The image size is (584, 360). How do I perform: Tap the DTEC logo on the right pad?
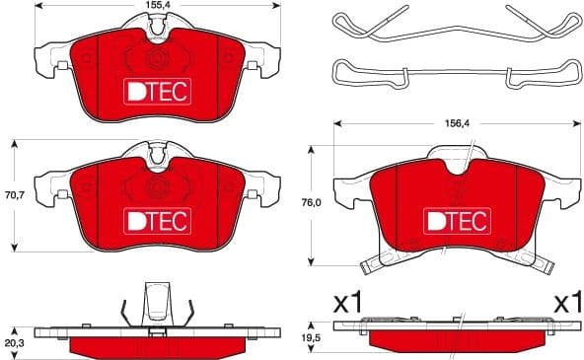[457, 219]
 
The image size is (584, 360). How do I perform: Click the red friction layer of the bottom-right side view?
[457, 340]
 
